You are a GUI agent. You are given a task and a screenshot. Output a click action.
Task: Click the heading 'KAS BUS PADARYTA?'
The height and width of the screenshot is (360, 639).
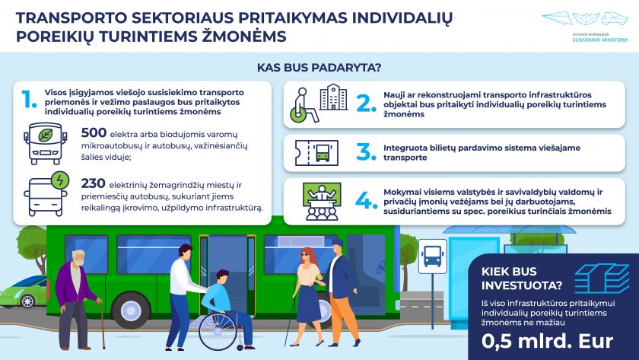(x=319, y=68)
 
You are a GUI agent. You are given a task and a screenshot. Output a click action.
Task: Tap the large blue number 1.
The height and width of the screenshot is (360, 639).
(x=29, y=99)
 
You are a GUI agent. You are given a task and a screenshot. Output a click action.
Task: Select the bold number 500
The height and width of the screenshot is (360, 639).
(x=94, y=133)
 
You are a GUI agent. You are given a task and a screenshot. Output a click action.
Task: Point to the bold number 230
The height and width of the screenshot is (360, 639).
(x=94, y=183)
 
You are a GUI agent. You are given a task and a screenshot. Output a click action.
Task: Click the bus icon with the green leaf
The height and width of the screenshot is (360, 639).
(x=45, y=143)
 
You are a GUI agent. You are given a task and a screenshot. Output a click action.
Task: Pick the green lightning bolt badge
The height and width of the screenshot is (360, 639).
(x=60, y=180)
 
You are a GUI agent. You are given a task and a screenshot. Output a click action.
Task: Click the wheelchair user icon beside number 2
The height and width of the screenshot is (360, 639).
(x=304, y=105)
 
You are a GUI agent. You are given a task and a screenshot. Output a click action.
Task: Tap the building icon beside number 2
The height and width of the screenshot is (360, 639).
(x=334, y=97)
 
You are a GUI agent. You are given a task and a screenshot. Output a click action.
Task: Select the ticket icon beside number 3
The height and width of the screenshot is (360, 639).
(x=316, y=153)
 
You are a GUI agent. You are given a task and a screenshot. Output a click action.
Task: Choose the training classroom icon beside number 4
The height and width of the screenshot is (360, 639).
(x=322, y=202)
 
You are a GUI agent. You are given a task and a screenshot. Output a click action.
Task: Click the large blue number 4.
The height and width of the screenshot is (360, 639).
(x=367, y=200)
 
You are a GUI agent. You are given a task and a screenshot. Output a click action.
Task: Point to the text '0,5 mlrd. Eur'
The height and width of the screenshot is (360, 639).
(x=547, y=341)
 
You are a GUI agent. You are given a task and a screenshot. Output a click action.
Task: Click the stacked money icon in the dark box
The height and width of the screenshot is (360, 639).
(x=602, y=279)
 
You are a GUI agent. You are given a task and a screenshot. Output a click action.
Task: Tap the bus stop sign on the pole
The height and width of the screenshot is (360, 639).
(x=432, y=256)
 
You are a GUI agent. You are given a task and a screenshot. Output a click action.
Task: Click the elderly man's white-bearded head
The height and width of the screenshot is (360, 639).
(x=78, y=258)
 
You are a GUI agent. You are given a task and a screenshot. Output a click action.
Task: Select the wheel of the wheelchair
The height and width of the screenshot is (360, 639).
(x=218, y=330)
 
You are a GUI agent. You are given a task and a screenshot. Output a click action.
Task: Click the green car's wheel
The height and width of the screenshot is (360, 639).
(x=27, y=301)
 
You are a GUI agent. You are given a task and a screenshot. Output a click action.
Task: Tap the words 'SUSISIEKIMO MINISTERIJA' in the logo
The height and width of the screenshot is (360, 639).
(x=600, y=40)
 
